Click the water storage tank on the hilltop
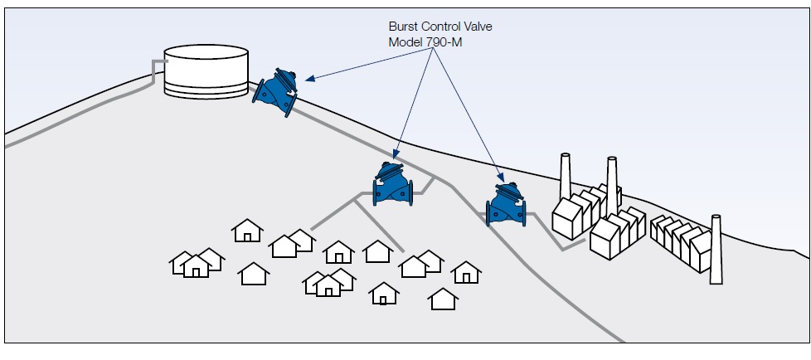pos(206,70)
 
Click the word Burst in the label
pos(405,27)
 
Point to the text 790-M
pos(444,41)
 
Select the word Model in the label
pos(405,41)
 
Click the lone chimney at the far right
pos(716,249)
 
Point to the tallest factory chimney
pos(612,187)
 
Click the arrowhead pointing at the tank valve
pos(308,80)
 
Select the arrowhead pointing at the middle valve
pos(396,156)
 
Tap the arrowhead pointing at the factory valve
pos(502,177)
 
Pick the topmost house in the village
pos(247,230)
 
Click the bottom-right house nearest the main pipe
pos(444,298)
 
